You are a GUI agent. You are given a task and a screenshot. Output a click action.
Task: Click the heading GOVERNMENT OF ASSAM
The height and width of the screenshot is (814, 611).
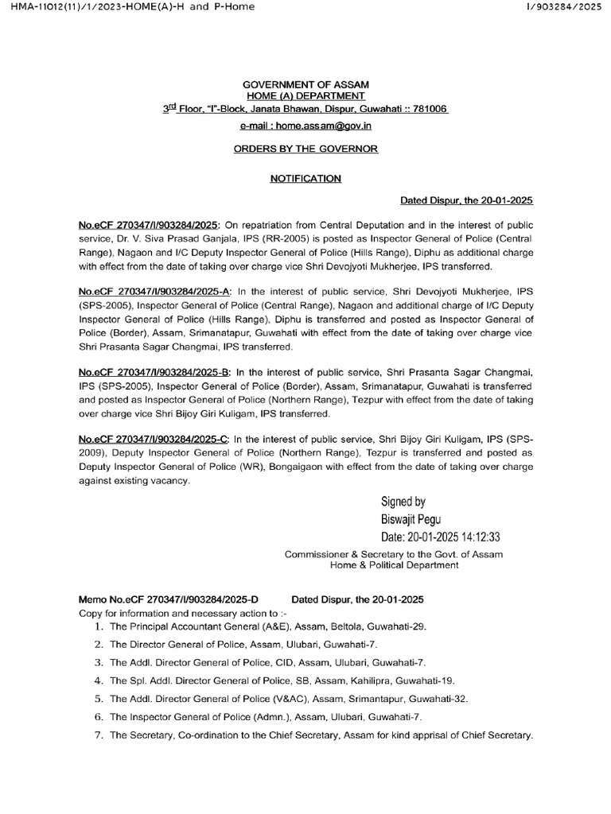pos(305,84)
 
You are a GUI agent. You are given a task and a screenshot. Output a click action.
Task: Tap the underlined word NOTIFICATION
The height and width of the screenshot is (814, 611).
pos(305,179)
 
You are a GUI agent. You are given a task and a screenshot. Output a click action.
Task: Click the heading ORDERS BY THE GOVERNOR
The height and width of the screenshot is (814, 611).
pos(305,149)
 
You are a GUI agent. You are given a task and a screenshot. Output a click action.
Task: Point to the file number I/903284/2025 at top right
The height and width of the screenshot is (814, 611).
pos(565,7)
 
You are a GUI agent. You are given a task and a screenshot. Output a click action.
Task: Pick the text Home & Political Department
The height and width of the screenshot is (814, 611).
pos(394,565)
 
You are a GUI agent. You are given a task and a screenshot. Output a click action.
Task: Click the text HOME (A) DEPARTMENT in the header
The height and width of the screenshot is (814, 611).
pos(305,95)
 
